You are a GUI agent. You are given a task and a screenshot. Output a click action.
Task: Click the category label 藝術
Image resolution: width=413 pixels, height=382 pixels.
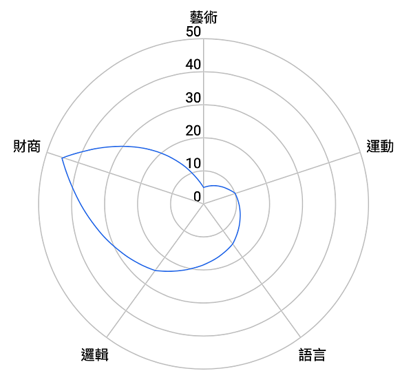203,17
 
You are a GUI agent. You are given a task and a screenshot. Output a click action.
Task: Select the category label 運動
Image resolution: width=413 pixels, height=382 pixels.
380,146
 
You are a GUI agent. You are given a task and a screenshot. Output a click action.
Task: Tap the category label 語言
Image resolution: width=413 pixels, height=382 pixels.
312,355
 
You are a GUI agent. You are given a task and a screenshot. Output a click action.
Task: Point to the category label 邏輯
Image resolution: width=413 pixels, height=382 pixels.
94,355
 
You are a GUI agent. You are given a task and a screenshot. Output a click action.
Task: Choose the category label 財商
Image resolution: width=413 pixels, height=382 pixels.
27,146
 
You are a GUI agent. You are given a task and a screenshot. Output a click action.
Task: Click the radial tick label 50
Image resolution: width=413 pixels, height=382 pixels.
193,32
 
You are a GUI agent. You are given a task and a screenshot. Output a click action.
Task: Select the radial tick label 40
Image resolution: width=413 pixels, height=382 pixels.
193,65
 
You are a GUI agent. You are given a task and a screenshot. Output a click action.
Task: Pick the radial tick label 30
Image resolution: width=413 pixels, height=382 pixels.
193,98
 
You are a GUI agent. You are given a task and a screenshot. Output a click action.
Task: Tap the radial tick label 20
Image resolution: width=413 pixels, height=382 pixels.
193,131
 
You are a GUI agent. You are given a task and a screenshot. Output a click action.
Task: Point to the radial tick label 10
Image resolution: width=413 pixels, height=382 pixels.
193,164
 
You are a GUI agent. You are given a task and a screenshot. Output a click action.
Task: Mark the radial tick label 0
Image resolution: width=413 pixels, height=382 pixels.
197,196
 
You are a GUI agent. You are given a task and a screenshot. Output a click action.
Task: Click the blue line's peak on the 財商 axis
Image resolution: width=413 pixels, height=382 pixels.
62,158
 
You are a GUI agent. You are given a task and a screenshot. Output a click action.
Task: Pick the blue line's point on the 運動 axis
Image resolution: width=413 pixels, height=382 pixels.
235,193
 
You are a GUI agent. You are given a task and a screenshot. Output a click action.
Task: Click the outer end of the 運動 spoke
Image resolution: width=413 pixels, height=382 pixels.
361,153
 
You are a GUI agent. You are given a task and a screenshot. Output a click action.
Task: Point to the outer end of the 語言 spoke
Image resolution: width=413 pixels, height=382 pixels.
301,337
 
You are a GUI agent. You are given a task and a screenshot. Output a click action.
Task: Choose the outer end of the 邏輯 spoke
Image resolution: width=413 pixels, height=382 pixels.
107,337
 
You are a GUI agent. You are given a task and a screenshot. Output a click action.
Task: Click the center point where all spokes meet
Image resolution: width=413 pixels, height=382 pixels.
204,204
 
